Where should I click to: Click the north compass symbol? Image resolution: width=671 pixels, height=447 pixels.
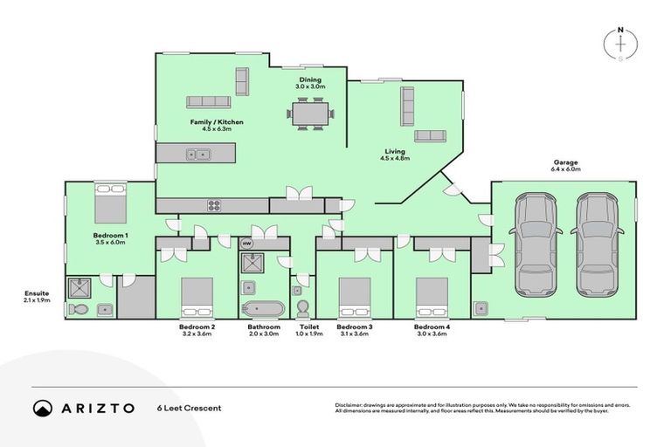[x=620, y=44]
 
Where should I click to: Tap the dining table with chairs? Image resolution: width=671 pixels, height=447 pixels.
[x=310, y=113]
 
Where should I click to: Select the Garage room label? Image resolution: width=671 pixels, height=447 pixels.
[x=566, y=163]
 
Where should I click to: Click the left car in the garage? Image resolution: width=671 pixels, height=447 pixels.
[x=536, y=244]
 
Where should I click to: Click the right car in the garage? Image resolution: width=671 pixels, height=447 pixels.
[x=597, y=244]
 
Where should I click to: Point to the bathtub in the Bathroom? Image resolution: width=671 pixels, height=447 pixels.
[x=262, y=308]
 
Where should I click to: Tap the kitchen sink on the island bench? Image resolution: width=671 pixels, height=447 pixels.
[x=197, y=155]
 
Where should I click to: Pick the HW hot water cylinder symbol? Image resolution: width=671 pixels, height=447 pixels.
[x=246, y=244]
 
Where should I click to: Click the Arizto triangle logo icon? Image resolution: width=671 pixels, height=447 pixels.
[x=43, y=408]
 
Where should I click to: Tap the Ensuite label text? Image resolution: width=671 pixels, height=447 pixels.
[x=38, y=293]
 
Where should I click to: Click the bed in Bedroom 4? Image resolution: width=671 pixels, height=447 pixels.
[x=432, y=297]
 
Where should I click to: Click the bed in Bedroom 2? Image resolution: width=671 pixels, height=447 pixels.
[x=197, y=297]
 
